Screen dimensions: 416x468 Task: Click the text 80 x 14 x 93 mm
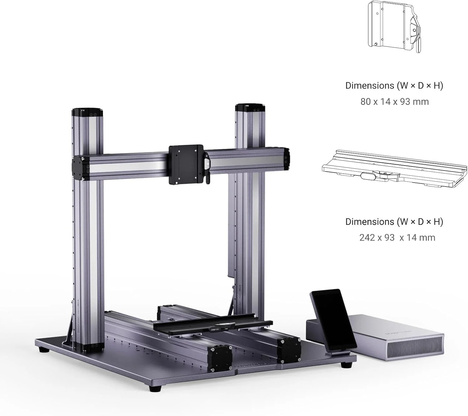(x=394, y=102)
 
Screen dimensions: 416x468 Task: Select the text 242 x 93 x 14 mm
(x=397, y=238)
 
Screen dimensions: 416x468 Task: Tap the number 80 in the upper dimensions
(x=366, y=102)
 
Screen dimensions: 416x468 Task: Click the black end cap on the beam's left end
(x=80, y=168)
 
